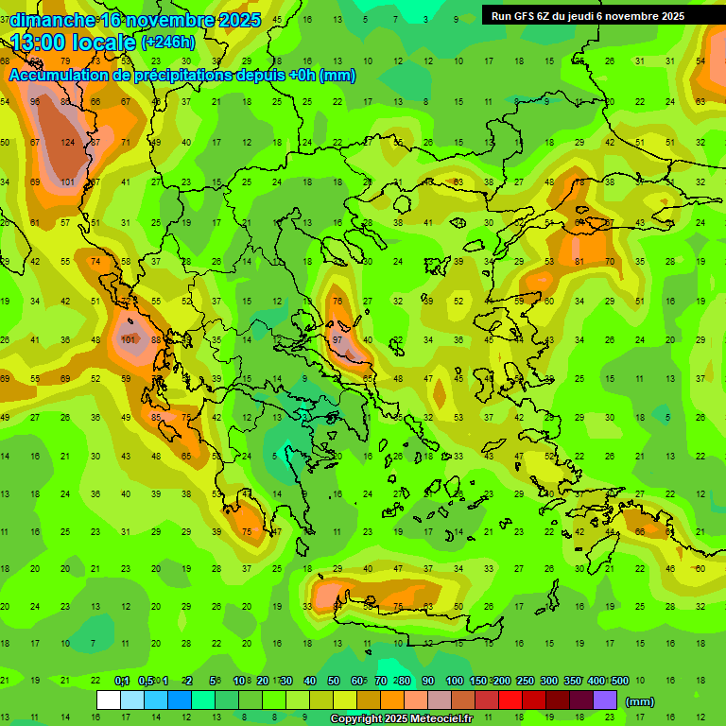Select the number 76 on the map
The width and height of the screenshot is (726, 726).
pyautogui.click(x=337, y=302)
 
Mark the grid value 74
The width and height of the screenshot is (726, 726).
pyautogui.click(x=95, y=261)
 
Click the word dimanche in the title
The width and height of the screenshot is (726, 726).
pyautogui.click(x=53, y=20)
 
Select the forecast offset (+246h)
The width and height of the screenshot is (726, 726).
pyautogui.click(x=168, y=43)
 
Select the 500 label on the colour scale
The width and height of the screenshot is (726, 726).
pyautogui.click(x=619, y=682)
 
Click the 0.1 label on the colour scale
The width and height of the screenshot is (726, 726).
pyautogui.click(x=122, y=682)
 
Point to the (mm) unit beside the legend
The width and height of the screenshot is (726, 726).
pyautogui.click(x=640, y=701)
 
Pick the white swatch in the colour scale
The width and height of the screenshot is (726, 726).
pyautogui.click(x=109, y=700)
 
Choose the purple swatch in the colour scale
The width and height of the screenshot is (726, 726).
pyautogui.click(x=605, y=700)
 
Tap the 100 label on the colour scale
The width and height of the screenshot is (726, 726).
pyautogui.click(x=454, y=682)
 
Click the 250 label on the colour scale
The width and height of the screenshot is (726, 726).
pyautogui.click(x=525, y=682)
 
